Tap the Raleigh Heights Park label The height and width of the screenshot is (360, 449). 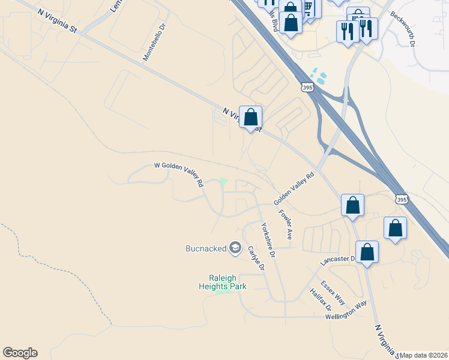tap(223, 282)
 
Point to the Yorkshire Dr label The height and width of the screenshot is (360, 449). tap(268, 240)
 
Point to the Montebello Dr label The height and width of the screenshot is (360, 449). tap(154, 43)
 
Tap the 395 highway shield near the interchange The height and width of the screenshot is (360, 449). tap(307, 88)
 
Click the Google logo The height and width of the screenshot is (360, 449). tap(20, 353)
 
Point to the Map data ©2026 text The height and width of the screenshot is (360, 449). tap(424, 355)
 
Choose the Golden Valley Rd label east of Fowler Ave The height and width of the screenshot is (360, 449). tap(294, 188)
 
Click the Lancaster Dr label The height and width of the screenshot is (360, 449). tap(338, 259)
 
